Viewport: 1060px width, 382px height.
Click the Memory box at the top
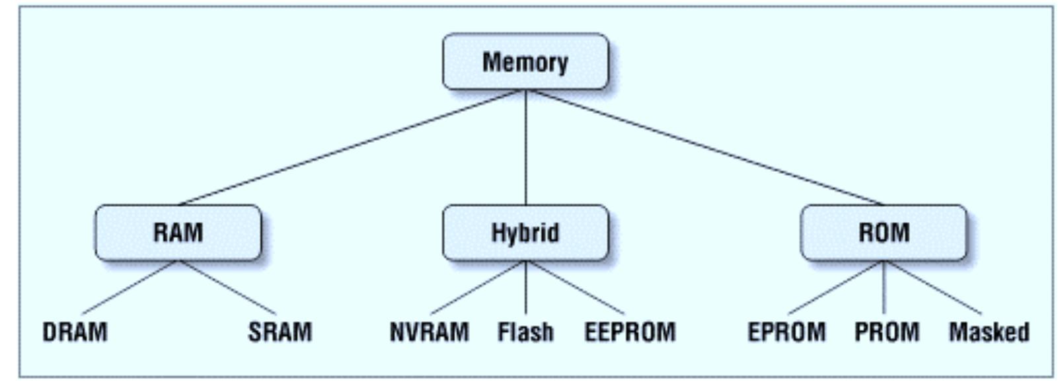[525, 62]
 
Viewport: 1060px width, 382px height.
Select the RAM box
[178, 233]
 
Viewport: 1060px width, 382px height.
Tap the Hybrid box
[525, 233]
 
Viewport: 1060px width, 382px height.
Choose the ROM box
[884, 233]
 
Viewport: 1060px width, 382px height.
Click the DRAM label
[75, 332]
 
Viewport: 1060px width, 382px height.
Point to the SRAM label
[280, 332]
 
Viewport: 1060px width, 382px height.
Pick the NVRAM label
[430, 332]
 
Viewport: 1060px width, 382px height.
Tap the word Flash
[525, 332]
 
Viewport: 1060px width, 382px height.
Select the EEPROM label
[630, 332]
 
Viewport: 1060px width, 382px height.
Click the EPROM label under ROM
[786, 332]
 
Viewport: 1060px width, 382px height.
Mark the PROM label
[887, 332]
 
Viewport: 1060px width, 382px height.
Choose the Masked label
[989, 332]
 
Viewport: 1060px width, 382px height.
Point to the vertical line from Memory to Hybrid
[526, 147]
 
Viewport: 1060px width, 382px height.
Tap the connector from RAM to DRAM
[130, 287]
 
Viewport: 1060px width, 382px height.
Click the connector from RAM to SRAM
[227, 287]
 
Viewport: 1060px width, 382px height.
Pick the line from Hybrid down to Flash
[526, 287]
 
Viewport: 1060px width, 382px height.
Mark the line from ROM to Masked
[932, 287]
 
